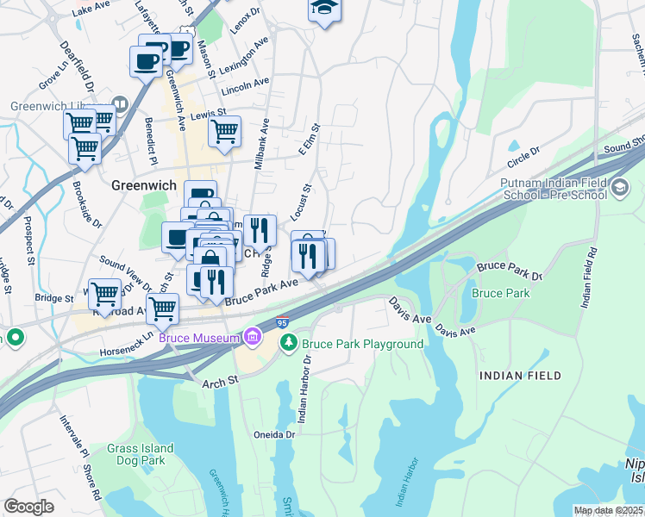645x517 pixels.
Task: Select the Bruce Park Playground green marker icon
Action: [289, 343]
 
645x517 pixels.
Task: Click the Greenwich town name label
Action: [144, 185]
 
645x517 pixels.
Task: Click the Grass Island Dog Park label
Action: [141, 454]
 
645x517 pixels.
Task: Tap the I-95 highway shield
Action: [281, 321]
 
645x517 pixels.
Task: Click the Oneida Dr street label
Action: [273, 435]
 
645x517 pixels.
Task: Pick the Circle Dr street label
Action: [523, 155]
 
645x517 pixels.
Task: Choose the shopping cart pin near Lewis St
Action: [224, 132]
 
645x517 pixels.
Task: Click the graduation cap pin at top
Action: [324, 9]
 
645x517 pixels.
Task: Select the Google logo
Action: [28, 507]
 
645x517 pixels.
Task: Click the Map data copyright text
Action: [609, 511]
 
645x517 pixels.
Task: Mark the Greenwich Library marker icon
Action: [120, 105]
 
